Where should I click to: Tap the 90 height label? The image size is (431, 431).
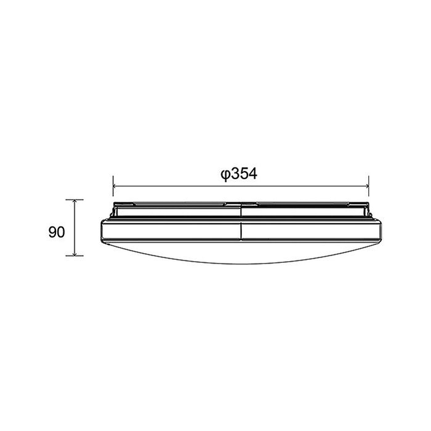point(57,232)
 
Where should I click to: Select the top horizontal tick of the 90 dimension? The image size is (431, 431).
point(75,199)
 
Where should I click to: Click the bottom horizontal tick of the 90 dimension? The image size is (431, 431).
point(75,256)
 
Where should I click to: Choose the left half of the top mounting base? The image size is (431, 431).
point(175,210)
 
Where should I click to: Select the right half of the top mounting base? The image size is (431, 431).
point(305,210)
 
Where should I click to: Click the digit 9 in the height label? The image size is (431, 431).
point(53,232)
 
